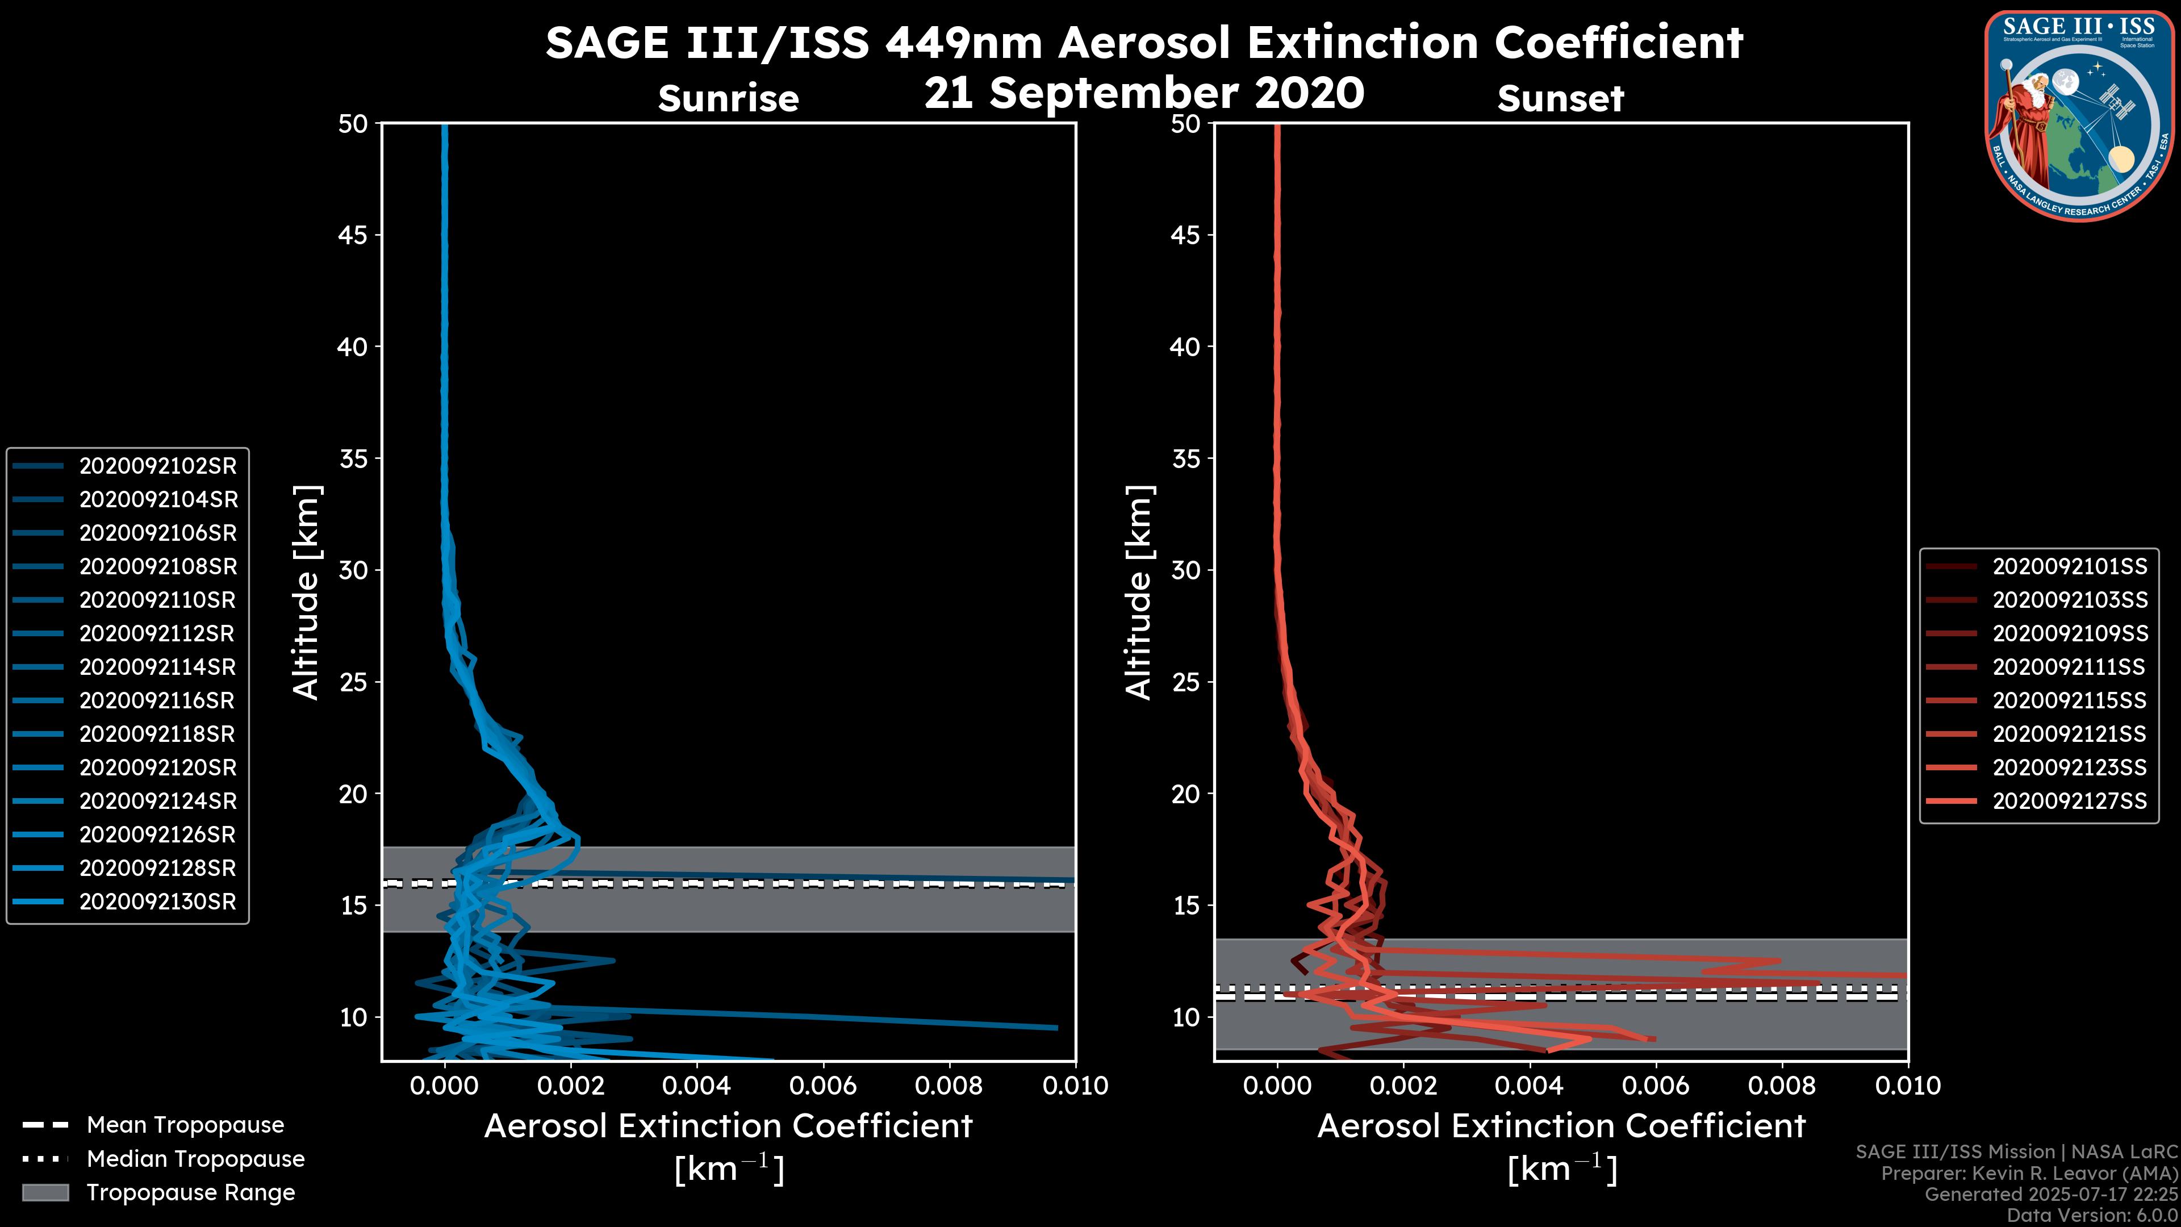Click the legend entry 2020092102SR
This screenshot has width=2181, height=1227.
(x=157, y=466)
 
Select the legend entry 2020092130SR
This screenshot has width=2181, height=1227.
(x=157, y=902)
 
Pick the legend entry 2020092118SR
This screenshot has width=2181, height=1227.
(x=157, y=734)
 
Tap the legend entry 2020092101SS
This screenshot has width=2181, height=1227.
(x=2069, y=566)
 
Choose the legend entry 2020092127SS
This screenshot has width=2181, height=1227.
(x=2069, y=801)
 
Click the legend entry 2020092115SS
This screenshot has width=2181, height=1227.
(x=2069, y=700)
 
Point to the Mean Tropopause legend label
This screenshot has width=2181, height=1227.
(x=185, y=1125)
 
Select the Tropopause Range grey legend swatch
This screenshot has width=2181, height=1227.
(x=45, y=1192)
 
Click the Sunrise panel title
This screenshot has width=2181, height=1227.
(x=728, y=99)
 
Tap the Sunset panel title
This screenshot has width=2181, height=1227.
(x=1560, y=99)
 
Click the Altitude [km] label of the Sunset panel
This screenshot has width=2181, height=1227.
(x=1139, y=592)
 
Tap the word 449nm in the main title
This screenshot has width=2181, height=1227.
(x=963, y=43)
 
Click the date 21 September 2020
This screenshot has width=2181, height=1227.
(x=1144, y=93)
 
